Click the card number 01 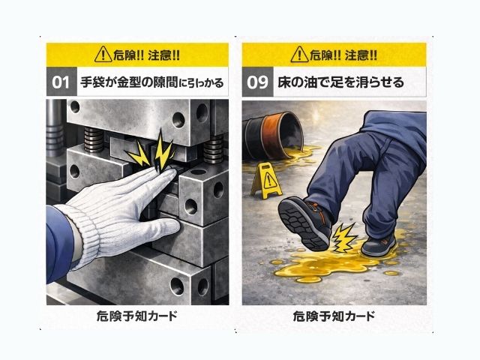pyautogui.click(x=61, y=82)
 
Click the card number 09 pyautogui.click(x=257, y=82)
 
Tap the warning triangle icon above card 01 pyautogui.click(x=103, y=55)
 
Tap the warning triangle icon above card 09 pyautogui.click(x=299, y=55)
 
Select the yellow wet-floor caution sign pyautogui.click(x=267, y=180)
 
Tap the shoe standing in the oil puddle pyautogui.click(x=378, y=244)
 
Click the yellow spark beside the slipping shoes pyautogui.click(x=343, y=237)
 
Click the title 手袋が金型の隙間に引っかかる pyautogui.click(x=151, y=82)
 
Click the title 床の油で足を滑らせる pyautogui.click(x=340, y=82)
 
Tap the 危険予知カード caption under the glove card pyautogui.click(x=136, y=316)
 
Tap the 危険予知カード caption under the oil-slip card pyautogui.click(x=334, y=316)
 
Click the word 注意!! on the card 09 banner pyautogui.click(x=361, y=55)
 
